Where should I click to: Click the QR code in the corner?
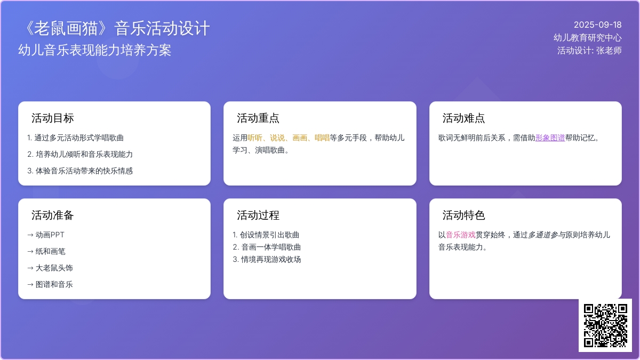pyautogui.click(x=605, y=325)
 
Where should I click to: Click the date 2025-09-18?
pyautogui.click(x=598, y=25)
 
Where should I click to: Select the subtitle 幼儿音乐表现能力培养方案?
pyautogui.click(x=94, y=50)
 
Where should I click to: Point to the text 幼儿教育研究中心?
pyautogui.click(x=587, y=37)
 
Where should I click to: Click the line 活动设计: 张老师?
pyautogui.click(x=589, y=50)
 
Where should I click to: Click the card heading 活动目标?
pyautogui.click(x=53, y=118)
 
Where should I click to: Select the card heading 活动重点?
pyautogui.click(x=258, y=118)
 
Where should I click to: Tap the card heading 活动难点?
pyautogui.click(x=463, y=118)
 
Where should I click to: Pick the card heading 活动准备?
pyautogui.click(x=53, y=215)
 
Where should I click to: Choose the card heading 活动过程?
pyautogui.click(x=258, y=215)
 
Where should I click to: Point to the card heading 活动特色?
pyautogui.click(x=463, y=215)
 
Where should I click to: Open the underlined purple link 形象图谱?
pyautogui.click(x=550, y=138)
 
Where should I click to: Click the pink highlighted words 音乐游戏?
pyautogui.click(x=461, y=235)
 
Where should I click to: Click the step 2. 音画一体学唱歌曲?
pyautogui.click(x=267, y=247)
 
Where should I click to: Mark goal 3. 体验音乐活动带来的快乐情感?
pyautogui.click(x=80, y=171)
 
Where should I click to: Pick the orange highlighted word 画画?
pyautogui.click(x=300, y=138)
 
